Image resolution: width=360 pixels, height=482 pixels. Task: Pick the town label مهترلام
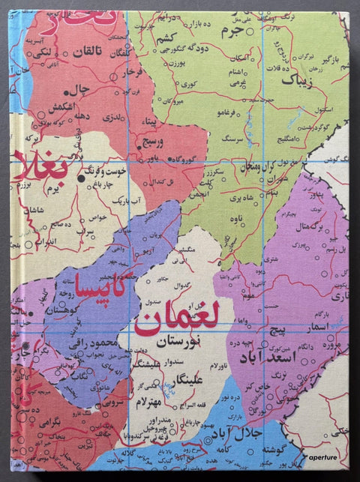click(154, 405)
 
